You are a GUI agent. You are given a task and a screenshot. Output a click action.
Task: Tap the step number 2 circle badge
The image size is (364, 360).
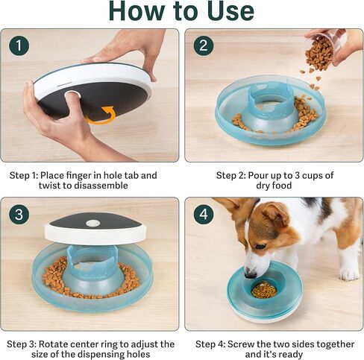(x=204, y=46)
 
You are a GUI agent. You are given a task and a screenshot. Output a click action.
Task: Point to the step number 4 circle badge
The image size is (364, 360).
(x=204, y=215)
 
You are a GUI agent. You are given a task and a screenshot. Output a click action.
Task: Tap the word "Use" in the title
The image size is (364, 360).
(x=228, y=11)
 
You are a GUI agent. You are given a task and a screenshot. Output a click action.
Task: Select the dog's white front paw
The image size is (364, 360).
(x=348, y=273)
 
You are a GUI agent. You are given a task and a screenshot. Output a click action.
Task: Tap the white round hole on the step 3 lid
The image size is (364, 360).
(x=92, y=223)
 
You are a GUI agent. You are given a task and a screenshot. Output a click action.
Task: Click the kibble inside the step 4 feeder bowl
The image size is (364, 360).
(x=263, y=289)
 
